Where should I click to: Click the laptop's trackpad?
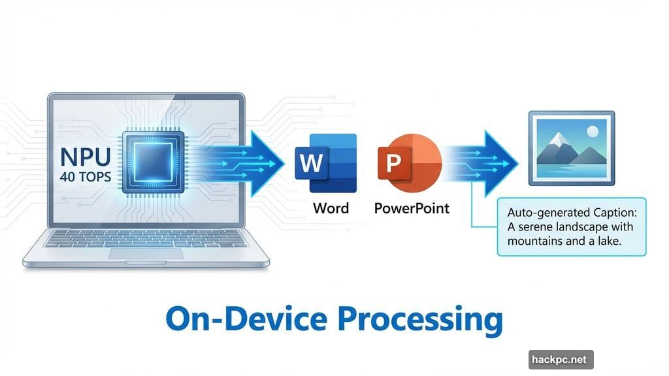(x=144, y=254)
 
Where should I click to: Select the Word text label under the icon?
(x=331, y=208)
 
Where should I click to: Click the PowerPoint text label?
(x=412, y=208)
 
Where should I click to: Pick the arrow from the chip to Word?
(x=255, y=164)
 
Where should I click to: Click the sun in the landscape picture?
(x=592, y=132)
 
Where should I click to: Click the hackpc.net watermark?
(x=561, y=359)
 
